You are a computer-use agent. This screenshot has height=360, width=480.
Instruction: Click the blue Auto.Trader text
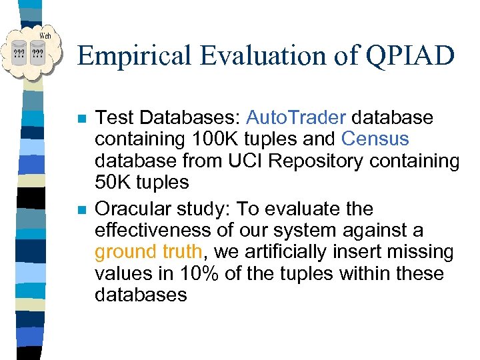[296, 118]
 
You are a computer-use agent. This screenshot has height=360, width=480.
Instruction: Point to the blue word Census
[375, 139]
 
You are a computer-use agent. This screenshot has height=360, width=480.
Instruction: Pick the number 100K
[202, 139]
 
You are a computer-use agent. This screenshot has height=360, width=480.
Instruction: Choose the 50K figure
[115, 182]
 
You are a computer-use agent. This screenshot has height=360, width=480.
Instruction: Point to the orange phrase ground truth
[148, 252]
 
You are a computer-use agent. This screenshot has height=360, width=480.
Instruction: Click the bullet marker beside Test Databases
[81, 119]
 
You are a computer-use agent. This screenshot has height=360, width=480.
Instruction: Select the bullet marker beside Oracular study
[81, 210]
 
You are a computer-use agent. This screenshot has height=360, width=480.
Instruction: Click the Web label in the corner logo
[45, 35]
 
